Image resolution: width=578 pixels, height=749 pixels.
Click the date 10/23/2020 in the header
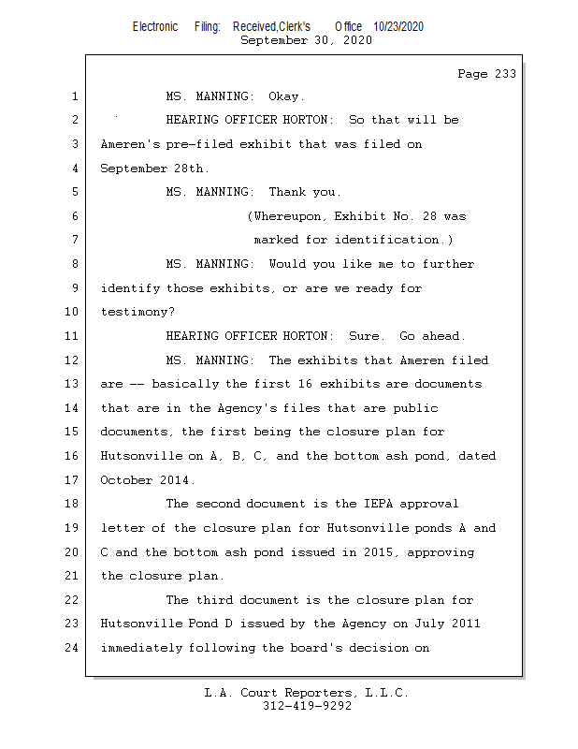(x=397, y=27)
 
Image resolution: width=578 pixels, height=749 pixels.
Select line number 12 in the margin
(x=74, y=360)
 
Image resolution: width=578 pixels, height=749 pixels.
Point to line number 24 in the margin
(x=74, y=648)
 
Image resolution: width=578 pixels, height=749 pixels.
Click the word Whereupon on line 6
(x=287, y=216)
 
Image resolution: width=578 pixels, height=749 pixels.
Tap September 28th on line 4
(x=155, y=169)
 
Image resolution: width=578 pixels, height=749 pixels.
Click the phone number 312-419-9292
(x=307, y=706)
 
